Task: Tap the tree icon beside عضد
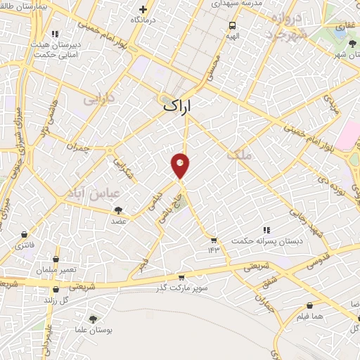click(118, 210)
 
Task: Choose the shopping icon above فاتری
click(25, 235)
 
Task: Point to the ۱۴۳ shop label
click(214, 250)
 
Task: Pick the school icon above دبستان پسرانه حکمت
click(266, 229)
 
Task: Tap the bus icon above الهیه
click(231, 25)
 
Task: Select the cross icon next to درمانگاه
click(143, 10)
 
